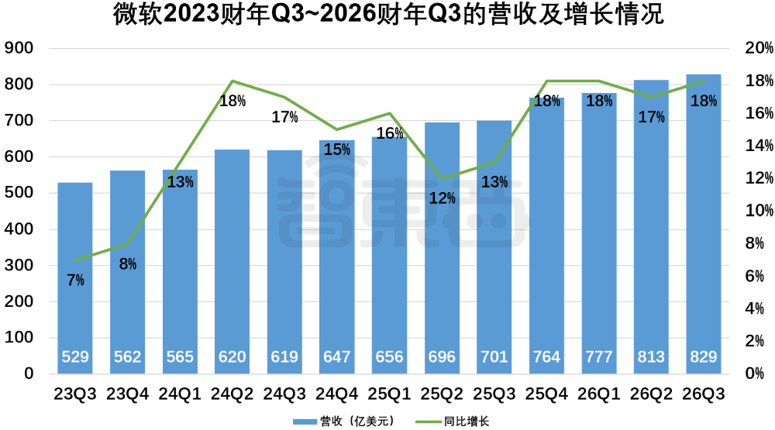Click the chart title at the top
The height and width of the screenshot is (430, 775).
point(387,15)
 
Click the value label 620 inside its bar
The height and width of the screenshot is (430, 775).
point(232,357)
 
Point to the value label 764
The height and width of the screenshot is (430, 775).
point(546,357)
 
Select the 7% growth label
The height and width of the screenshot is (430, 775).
point(75,280)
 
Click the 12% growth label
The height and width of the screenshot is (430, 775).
point(442,198)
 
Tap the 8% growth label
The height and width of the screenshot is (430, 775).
point(128,264)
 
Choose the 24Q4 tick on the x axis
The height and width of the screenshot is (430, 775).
point(337,394)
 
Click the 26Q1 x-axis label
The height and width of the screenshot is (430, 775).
point(599,394)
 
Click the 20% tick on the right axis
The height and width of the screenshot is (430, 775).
point(750,49)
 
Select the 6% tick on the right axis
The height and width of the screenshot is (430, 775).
point(750,277)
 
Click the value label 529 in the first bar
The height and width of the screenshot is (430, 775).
point(75,357)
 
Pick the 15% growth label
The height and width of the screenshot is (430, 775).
point(337,150)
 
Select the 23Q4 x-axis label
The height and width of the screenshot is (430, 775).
point(128,394)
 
